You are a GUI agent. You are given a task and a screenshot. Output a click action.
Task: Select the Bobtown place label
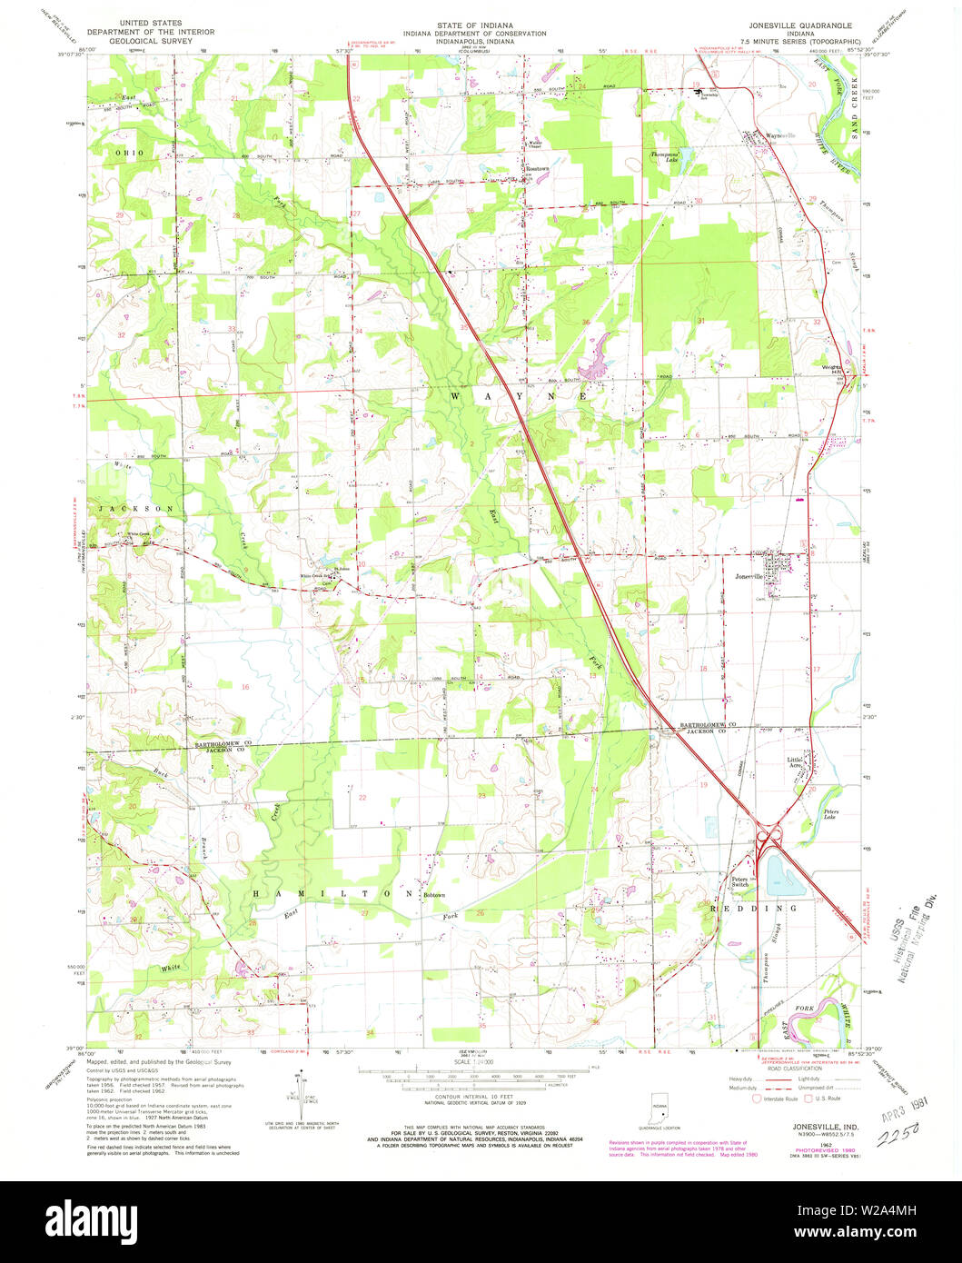tap(434, 895)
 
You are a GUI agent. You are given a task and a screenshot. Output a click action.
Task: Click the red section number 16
tap(244, 687)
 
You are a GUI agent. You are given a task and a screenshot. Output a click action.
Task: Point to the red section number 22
tap(362, 797)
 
